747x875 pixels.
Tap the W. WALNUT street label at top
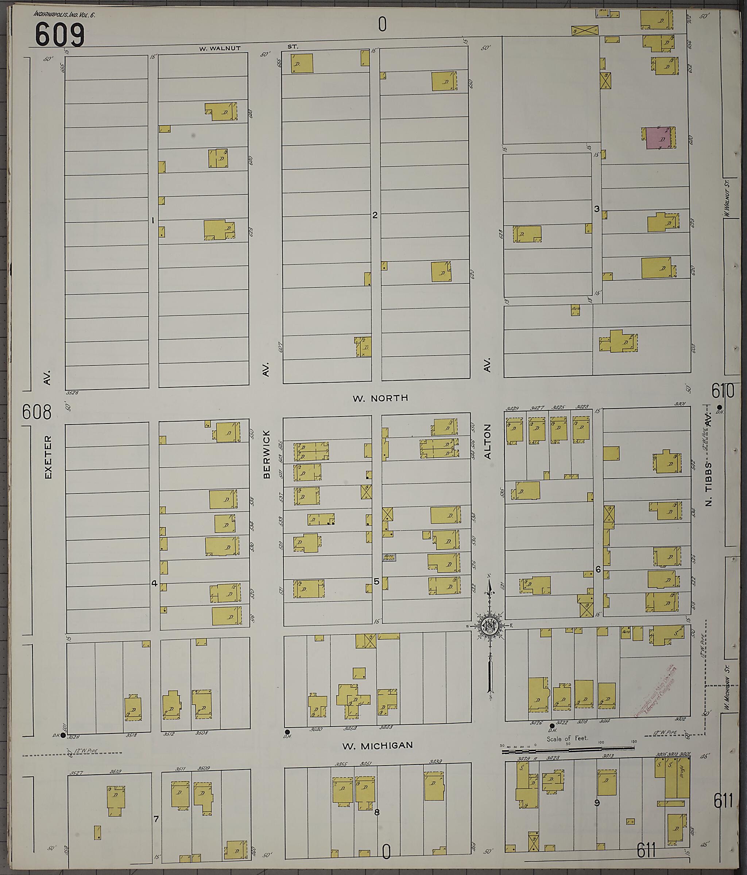(220, 48)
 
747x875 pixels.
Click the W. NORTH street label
(380, 398)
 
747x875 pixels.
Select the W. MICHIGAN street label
(377, 746)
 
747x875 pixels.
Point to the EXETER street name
(48, 457)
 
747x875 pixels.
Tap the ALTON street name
(488, 442)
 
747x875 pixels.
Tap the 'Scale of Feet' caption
(567, 739)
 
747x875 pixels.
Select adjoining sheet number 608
(37, 412)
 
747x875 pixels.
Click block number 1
(153, 220)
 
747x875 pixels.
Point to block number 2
(375, 215)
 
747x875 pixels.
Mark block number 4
(154, 583)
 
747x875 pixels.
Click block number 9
(597, 803)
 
